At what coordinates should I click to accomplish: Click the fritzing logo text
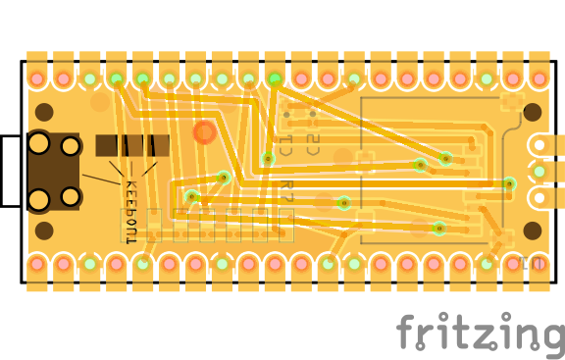480,334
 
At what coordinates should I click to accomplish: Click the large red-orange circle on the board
204,131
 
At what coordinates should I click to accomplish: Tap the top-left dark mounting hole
44,111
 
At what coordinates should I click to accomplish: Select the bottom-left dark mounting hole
44,231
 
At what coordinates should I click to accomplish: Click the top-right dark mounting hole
533,111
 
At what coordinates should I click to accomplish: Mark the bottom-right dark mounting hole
533,231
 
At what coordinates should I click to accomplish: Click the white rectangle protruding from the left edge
10,171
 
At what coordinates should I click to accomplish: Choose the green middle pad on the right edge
539,172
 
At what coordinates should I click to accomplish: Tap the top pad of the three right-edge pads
539,145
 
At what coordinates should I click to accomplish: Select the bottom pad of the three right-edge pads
539,198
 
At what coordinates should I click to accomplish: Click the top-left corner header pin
36,77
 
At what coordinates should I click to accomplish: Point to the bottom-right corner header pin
539,264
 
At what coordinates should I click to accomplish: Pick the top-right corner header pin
539,77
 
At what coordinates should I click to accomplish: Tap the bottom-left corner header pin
36,264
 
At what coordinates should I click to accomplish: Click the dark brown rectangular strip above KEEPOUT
132,145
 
